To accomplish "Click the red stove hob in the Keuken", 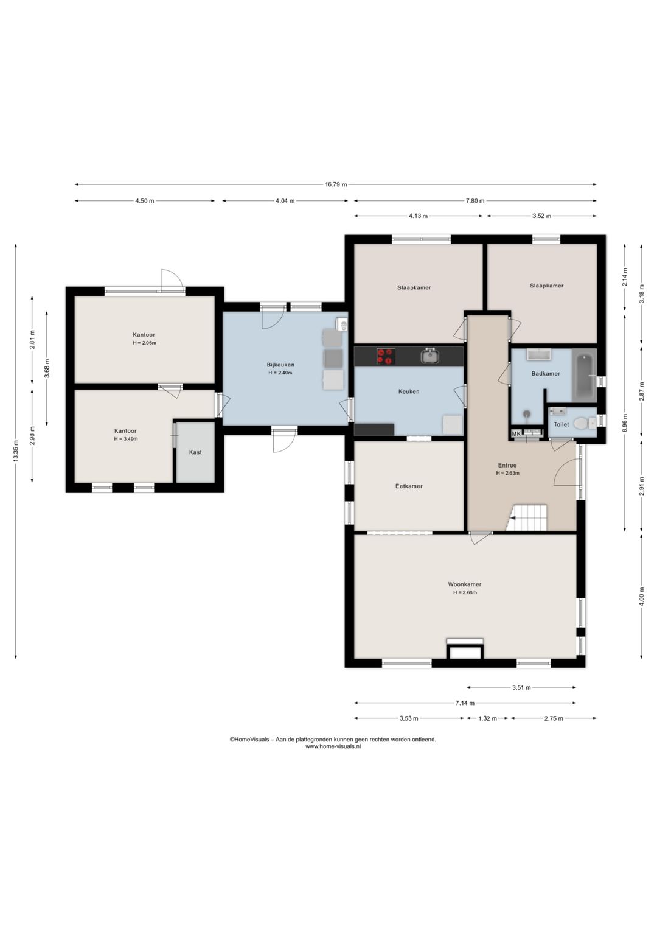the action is [x=386, y=356].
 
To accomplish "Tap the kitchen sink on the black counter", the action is [x=430, y=356].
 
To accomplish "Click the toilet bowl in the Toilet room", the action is [x=582, y=424].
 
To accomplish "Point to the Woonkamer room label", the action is [x=464, y=584].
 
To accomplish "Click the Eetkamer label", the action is [x=409, y=486].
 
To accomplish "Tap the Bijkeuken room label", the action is [x=280, y=365].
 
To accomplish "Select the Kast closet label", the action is [x=195, y=452].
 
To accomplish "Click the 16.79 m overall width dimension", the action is [x=336, y=184].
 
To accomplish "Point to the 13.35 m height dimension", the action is [x=16, y=451].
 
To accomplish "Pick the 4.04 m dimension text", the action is [x=285, y=201].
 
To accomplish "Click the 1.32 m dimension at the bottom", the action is [x=487, y=718].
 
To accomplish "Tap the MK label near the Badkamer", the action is [x=516, y=434].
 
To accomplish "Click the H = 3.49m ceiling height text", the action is [x=126, y=439].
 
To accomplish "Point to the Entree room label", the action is [x=507, y=465].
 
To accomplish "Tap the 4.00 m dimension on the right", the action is [x=641, y=596].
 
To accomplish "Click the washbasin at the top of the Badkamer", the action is [x=538, y=354].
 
